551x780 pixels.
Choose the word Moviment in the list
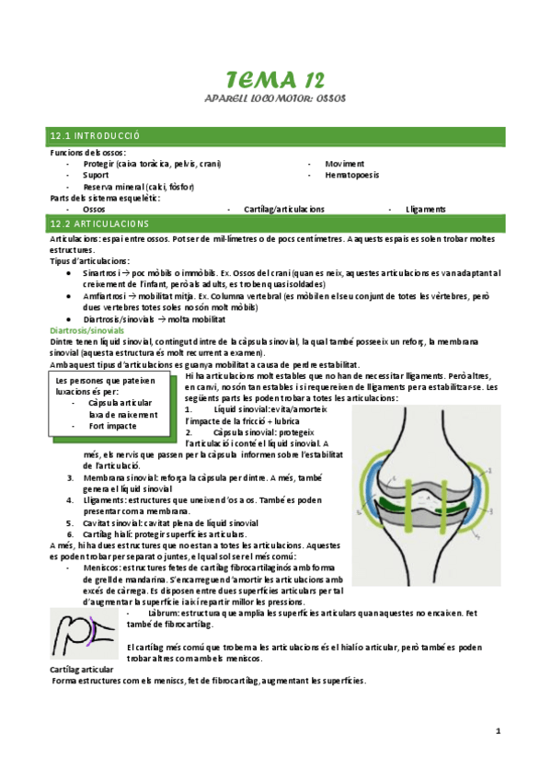pos(345,163)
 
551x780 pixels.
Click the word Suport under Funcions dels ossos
pos(96,174)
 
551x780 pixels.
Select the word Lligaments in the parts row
pos(424,209)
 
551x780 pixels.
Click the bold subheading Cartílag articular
pos(81,670)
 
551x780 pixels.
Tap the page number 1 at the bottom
pos(498,732)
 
